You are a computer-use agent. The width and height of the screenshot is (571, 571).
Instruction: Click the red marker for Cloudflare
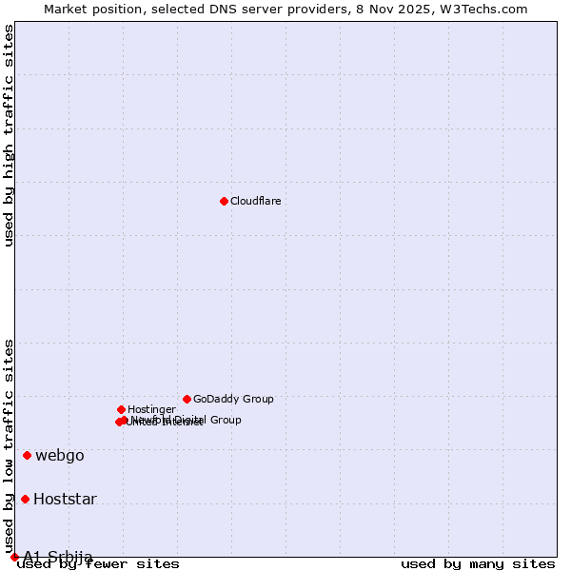224,201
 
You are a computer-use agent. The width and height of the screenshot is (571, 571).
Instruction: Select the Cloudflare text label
255,201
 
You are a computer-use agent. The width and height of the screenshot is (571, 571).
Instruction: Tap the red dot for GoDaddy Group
187,399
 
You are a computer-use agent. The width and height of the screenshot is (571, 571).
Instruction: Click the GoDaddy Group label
233,399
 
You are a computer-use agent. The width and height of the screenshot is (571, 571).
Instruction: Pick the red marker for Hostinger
121,409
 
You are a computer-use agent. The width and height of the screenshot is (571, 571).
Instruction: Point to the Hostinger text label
151,409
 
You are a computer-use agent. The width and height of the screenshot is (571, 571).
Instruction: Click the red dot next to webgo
27,455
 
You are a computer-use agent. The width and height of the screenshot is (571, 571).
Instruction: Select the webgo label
60,455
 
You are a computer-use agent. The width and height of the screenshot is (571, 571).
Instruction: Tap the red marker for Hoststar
25,499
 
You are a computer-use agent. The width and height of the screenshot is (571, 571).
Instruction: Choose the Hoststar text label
65,499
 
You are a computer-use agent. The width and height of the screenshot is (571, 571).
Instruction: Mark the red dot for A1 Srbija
14,557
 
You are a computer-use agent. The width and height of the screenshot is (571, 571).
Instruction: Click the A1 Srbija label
58,557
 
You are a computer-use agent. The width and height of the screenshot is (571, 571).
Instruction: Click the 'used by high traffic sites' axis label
10,135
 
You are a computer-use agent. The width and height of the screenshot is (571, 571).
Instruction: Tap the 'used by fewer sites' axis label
99,564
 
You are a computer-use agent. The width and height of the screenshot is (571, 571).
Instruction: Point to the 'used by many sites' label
478,564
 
